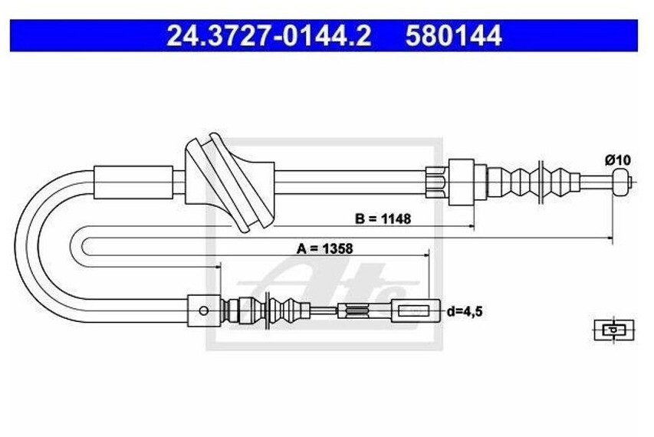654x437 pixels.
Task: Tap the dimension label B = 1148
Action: (383, 219)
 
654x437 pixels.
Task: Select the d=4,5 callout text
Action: (465, 311)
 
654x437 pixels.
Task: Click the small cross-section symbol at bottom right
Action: (613, 330)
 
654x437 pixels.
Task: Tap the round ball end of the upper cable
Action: (621, 182)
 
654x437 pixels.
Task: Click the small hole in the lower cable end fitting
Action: (203, 310)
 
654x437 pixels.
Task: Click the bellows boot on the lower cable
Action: (287, 310)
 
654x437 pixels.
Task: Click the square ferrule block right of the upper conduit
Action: (462, 182)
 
